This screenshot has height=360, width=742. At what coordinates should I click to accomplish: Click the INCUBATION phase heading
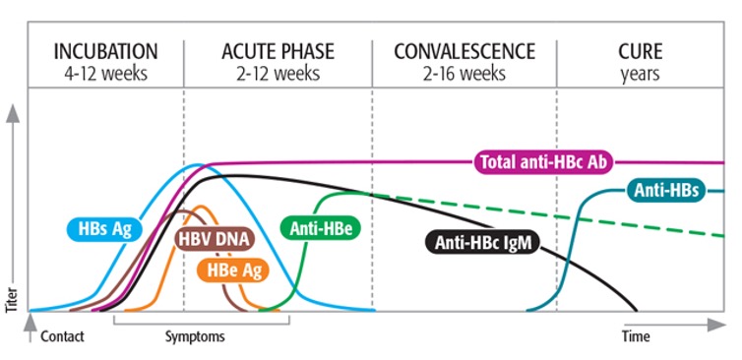pyautogui.click(x=105, y=51)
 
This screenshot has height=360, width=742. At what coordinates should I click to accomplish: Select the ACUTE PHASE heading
pyautogui.click(x=278, y=51)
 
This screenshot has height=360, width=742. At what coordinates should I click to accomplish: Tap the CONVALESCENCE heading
pyautogui.click(x=464, y=51)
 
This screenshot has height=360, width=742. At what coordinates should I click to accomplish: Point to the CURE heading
pyautogui.click(x=641, y=51)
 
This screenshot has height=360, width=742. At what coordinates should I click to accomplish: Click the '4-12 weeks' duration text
pyautogui.click(x=105, y=73)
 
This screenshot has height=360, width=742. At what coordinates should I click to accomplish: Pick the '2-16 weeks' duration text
pyautogui.click(x=464, y=73)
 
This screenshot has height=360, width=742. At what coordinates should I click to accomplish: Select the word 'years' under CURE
pyautogui.click(x=641, y=73)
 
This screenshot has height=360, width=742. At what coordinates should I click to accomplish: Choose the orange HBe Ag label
pyautogui.click(x=229, y=268)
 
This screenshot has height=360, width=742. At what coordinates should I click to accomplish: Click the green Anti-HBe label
pyautogui.click(x=322, y=229)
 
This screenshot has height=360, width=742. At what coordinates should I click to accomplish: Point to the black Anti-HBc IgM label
pyautogui.click(x=481, y=242)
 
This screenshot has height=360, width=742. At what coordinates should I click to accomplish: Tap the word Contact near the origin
pyautogui.click(x=62, y=336)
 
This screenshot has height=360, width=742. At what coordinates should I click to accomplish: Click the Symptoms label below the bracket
pyautogui.click(x=194, y=336)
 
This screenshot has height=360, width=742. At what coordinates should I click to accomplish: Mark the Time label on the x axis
pyautogui.click(x=636, y=336)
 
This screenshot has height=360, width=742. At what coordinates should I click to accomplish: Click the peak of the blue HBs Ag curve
pyautogui.click(x=200, y=165)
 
